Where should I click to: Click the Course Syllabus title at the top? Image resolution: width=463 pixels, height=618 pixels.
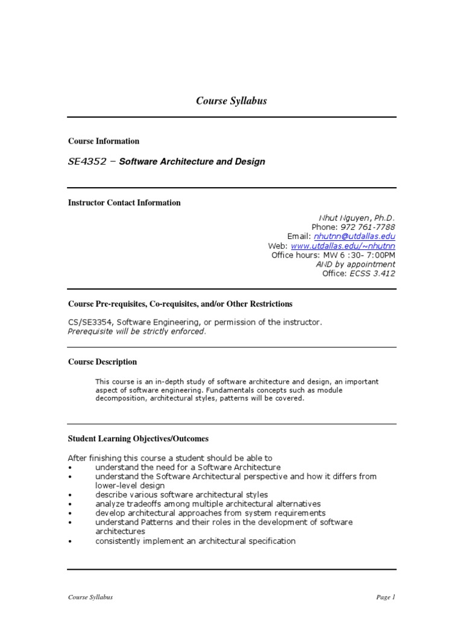click(x=231, y=101)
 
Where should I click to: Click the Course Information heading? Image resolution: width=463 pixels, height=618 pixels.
click(x=103, y=141)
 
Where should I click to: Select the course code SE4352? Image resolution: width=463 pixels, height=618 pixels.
click(x=88, y=162)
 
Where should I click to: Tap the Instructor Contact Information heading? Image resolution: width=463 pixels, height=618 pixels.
click(x=124, y=203)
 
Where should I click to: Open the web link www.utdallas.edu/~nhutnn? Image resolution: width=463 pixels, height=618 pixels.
click(x=343, y=246)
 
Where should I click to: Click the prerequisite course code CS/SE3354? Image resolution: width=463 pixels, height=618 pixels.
click(x=90, y=322)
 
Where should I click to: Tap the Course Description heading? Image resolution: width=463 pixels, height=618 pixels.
click(x=102, y=362)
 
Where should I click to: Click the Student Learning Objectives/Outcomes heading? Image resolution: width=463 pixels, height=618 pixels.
click(x=138, y=439)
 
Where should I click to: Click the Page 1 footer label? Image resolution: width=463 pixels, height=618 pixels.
click(x=385, y=597)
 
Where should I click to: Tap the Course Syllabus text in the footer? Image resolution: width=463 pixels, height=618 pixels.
click(x=90, y=597)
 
